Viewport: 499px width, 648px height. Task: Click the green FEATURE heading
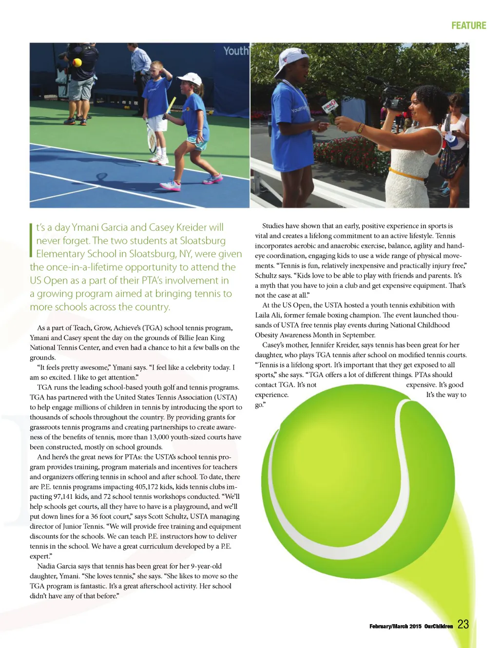(468, 25)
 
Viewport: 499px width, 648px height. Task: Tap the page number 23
(463, 625)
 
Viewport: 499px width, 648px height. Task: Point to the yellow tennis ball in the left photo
(77, 63)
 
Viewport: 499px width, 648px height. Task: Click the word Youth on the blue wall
(236, 51)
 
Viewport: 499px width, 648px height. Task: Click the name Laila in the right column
(263, 315)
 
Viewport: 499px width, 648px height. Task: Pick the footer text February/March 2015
(395, 626)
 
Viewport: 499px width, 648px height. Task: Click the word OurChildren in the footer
(438, 626)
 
